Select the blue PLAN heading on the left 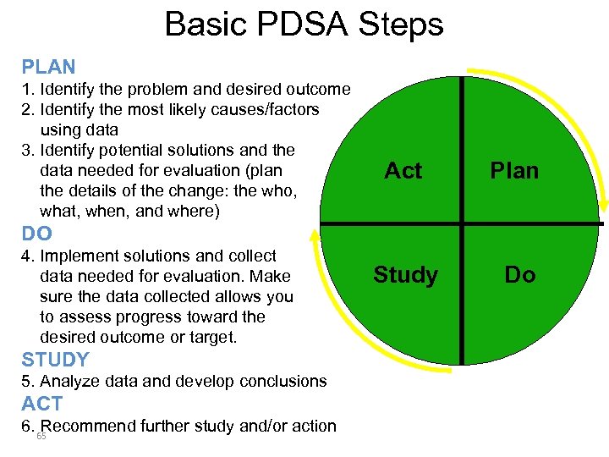[48, 67]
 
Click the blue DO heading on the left [37, 234]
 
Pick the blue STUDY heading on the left [55, 360]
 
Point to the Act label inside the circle [403, 171]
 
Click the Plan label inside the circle [515, 171]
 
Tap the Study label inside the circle [406, 275]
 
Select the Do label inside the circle [519, 275]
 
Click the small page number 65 [41, 437]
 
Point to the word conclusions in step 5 [280, 382]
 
